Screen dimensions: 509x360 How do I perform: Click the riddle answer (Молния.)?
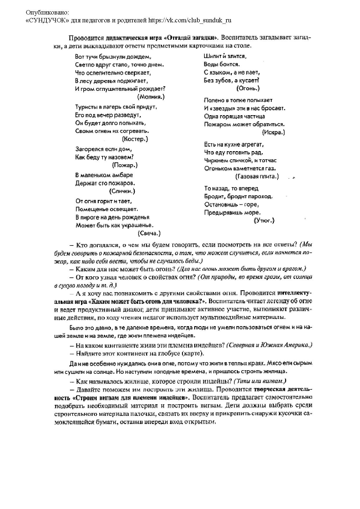click(151, 97)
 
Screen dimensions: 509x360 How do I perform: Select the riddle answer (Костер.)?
click(135, 139)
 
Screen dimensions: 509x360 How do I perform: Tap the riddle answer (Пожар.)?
click(125, 165)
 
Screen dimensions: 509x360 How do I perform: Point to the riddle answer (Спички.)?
click(122, 191)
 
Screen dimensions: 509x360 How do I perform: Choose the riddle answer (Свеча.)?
click(149, 233)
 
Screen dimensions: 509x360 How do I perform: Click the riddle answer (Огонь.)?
click(248, 88)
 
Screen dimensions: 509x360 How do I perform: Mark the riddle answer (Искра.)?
click(273, 132)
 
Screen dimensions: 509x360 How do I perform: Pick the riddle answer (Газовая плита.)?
click(257, 176)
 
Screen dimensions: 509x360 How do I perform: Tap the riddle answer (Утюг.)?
click(264, 221)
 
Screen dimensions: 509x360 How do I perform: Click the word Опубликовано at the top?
click(48, 13)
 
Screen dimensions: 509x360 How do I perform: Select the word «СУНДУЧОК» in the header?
click(48, 20)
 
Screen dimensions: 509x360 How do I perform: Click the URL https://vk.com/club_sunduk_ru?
click(190, 20)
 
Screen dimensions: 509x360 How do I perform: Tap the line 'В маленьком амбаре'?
click(104, 175)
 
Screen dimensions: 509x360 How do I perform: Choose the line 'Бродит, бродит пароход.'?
click(238, 196)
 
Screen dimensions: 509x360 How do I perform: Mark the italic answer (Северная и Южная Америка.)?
click(269, 345)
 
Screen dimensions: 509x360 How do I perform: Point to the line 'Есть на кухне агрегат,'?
click(234, 144)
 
